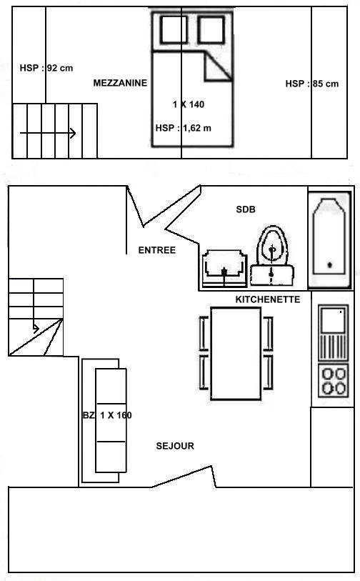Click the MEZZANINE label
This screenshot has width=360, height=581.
(120, 83)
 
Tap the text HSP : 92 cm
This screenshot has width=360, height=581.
(46, 68)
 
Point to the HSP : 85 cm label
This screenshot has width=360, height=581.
(312, 84)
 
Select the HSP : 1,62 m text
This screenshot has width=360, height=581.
(184, 128)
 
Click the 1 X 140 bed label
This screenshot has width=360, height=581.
(189, 104)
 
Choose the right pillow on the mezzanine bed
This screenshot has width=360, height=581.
(211, 29)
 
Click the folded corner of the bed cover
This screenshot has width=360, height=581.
(218, 66)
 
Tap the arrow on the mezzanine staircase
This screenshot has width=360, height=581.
(48, 133)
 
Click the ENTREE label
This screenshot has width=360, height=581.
(156, 250)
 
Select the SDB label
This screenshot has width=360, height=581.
(246, 209)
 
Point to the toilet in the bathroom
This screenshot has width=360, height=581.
(273, 255)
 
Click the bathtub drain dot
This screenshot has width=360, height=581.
(329, 264)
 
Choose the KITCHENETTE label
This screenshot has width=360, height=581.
(268, 299)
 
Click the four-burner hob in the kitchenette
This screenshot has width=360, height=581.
(334, 381)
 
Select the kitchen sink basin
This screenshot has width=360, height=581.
(333, 319)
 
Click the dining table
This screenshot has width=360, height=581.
(236, 354)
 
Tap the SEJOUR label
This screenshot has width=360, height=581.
(175, 446)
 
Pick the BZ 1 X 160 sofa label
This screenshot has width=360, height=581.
(107, 415)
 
